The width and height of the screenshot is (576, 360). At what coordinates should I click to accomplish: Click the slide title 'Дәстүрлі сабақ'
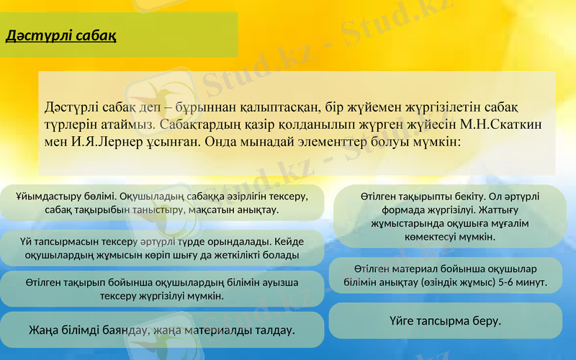tap(60, 35)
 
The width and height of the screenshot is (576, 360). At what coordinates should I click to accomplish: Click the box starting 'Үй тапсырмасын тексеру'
tap(162, 248)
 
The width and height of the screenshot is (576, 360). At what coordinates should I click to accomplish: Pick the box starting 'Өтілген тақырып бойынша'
tap(162, 289)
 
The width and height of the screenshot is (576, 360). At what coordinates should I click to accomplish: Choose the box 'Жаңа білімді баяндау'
tap(162, 330)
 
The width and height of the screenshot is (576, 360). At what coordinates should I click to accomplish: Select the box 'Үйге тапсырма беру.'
tap(445, 320)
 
